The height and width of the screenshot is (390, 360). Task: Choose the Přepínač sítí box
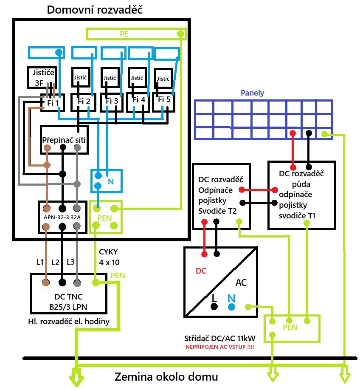pyautogui.click(x=64, y=139)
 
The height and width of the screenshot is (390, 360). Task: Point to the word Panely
pyautogui.click(x=252, y=93)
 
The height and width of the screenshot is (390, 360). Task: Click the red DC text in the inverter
pyautogui.click(x=201, y=271)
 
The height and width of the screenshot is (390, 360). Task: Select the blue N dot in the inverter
pyautogui.click(x=231, y=306)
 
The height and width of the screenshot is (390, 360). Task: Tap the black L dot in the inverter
pyautogui.click(x=215, y=306)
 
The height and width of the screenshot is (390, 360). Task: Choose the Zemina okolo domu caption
pyautogui.click(x=166, y=376)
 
